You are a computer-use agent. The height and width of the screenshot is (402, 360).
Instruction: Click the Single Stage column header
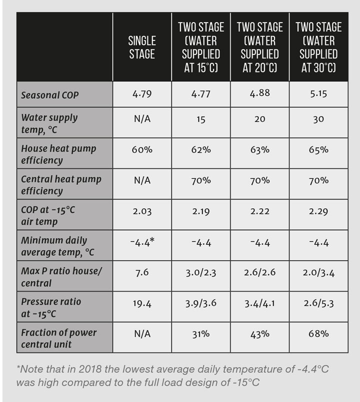[x=142, y=47]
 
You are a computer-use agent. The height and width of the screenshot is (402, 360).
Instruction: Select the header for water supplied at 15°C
[x=201, y=47]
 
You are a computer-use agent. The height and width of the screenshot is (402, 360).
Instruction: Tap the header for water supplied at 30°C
[x=318, y=47]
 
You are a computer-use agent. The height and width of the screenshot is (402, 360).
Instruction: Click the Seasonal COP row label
[x=50, y=95]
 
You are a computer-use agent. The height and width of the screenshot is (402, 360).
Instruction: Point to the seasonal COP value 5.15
[x=318, y=93]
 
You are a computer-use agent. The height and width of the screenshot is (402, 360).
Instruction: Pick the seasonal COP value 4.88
[x=259, y=93]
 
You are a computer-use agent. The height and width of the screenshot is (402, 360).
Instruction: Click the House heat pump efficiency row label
[x=58, y=154]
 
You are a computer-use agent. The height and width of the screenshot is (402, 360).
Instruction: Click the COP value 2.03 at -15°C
[x=142, y=211]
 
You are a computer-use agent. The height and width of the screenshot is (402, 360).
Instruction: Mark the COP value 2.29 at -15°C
[x=318, y=211]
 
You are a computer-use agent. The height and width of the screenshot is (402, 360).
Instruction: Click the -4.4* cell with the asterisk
[x=142, y=243]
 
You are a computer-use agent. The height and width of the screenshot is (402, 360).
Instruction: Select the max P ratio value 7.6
[x=142, y=273]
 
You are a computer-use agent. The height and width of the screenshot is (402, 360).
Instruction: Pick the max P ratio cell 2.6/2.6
[x=259, y=273]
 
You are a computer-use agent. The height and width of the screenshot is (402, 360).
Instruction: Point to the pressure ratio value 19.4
[x=142, y=304]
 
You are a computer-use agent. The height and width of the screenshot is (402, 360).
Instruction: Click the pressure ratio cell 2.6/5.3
[x=318, y=304]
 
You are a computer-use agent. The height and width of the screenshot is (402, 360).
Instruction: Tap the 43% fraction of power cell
[x=259, y=334]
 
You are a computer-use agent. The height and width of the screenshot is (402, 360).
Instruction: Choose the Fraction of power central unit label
[x=58, y=338]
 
